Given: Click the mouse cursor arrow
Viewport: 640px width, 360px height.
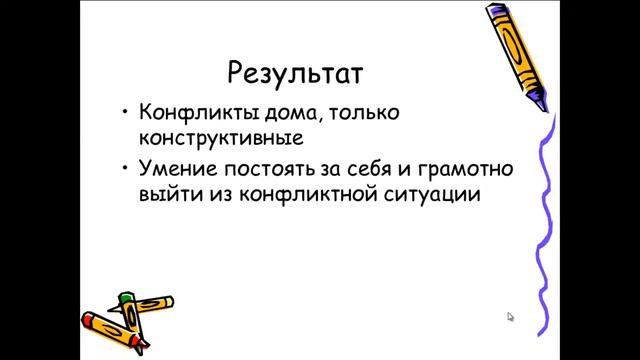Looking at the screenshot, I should tap(510, 317).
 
